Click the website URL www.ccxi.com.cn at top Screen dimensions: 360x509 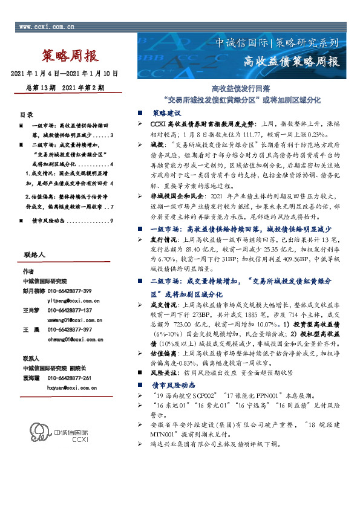[47, 27]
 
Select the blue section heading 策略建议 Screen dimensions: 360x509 [166, 112]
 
